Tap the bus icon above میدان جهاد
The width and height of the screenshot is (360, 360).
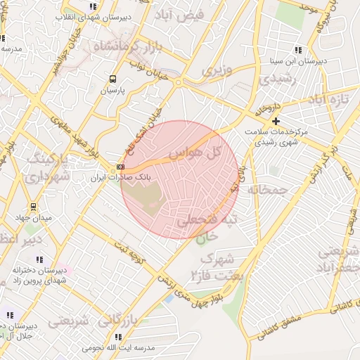coord(33,207)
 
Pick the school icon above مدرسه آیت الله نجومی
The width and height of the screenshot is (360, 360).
coord(118,337)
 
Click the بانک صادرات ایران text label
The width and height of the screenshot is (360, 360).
coord(115,179)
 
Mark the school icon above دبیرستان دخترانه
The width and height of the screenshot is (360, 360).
coord(39,259)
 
